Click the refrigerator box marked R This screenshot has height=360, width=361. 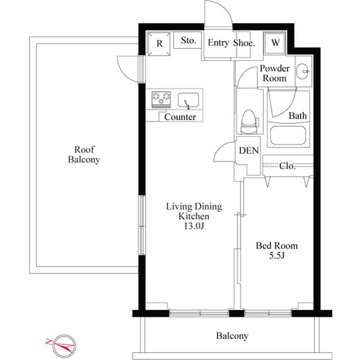(160, 43)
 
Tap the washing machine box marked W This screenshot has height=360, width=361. (276, 43)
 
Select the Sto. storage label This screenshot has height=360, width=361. (189, 41)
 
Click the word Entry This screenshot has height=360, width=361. (218, 43)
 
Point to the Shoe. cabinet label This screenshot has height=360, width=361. (244, 43)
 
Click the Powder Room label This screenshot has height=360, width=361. (274, 73)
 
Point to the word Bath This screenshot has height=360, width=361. (298, 116)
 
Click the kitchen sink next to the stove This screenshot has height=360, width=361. (188, 101)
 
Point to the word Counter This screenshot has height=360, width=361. (180, 117)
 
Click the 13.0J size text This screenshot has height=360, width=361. (193, 226)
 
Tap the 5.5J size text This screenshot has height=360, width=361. (276, 256)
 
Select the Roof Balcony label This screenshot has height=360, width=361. (84, 154)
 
